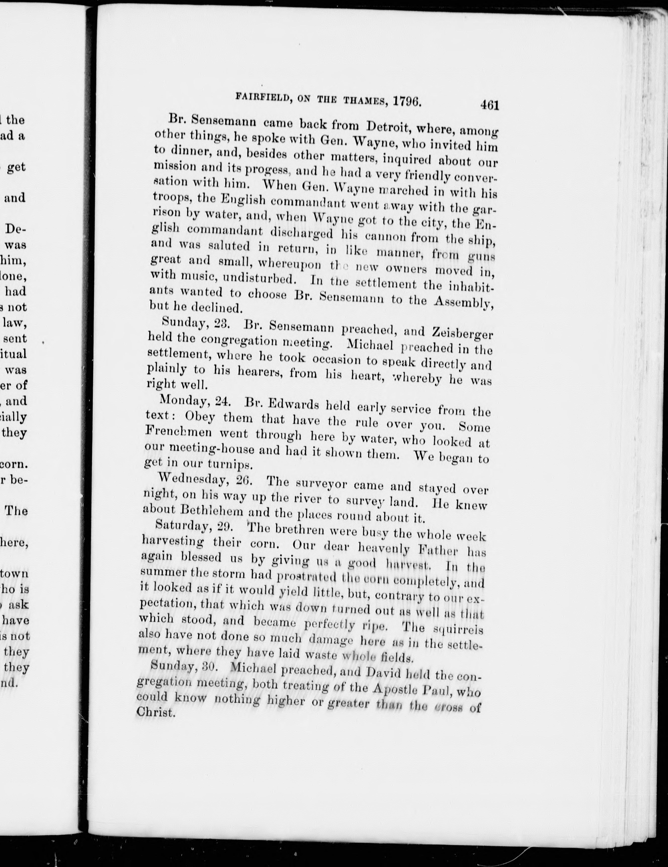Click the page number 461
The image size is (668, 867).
(x=489, y=105)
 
